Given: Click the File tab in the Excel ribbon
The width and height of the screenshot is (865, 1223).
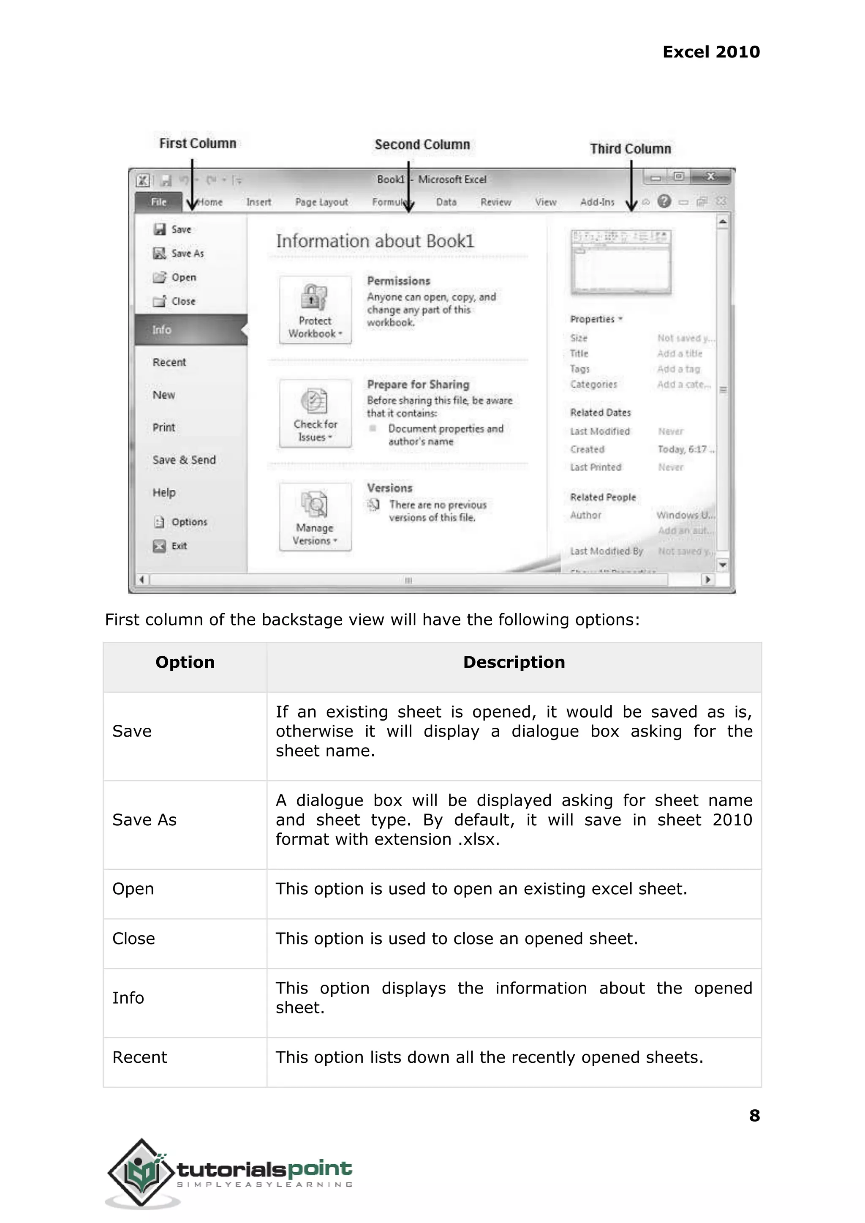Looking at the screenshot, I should [159, 202].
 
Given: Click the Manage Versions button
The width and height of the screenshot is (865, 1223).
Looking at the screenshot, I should [315, 517].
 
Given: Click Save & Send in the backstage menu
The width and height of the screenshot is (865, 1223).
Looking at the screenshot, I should [184, 460].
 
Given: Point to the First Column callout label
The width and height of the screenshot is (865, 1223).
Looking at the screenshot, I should [198, 143].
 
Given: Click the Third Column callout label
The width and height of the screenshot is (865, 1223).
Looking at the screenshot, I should [630, 149].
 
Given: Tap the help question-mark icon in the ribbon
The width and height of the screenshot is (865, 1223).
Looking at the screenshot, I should [664, 202].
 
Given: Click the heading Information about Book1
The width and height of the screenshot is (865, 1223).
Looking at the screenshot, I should [375, 241].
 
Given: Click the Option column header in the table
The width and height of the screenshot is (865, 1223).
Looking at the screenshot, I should [185, 662].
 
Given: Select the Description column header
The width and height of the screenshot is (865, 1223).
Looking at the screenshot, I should [514, 662].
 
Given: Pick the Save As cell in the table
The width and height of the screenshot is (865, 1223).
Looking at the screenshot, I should [144, 820].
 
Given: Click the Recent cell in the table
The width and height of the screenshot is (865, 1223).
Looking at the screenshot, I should [139, 1057].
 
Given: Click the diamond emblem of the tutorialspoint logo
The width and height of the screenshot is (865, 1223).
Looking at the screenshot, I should [141, 1172].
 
